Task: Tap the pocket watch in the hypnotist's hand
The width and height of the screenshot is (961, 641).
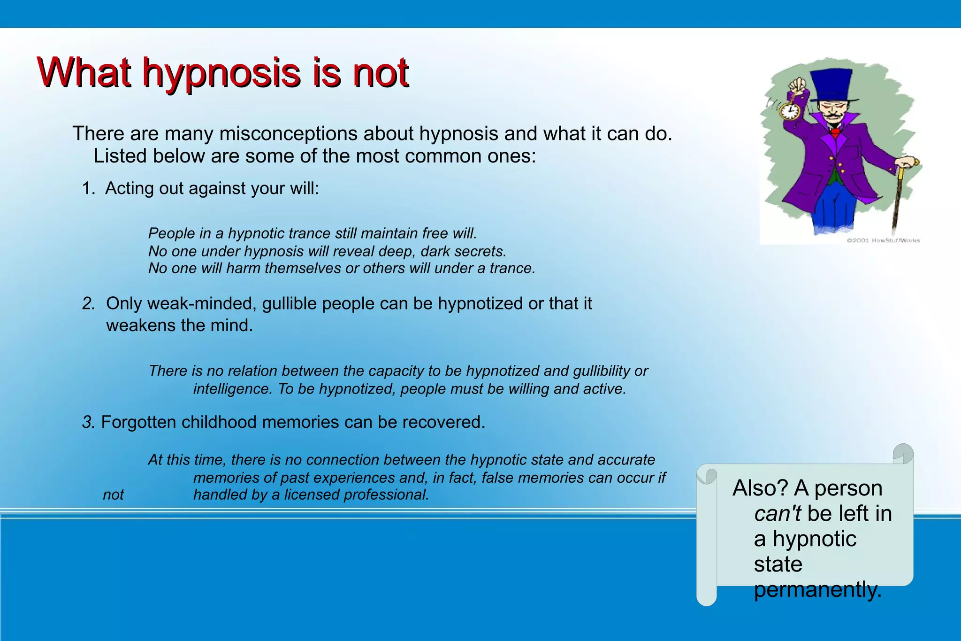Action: (x=789, y=111)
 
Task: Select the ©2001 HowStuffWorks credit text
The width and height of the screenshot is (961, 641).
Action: (x=883, y=240)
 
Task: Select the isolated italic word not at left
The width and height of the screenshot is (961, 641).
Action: (x=114, y=494)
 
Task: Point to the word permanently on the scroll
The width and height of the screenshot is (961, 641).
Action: (x=817, y=589)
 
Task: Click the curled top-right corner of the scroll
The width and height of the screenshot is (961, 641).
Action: (x=903, y=453)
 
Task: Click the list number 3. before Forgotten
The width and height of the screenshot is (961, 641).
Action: (x=88, y=422)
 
